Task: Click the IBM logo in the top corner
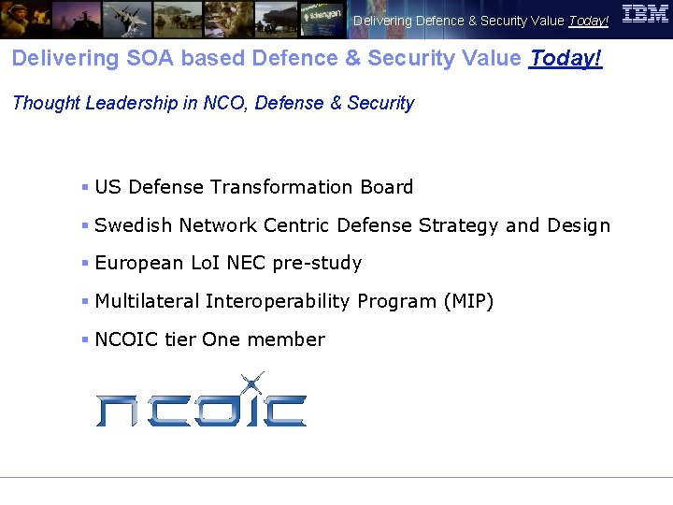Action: click(x=645, y=14)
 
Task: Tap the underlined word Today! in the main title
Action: click(x=566, y=58)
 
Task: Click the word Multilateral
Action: click(x=147, y=301)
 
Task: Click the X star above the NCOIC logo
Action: click(x=251, y=383)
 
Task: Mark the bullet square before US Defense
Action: click(x=84, y=187)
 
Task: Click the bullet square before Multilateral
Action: click(x=84, y=301)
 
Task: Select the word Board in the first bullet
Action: click(x=388, y=187)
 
